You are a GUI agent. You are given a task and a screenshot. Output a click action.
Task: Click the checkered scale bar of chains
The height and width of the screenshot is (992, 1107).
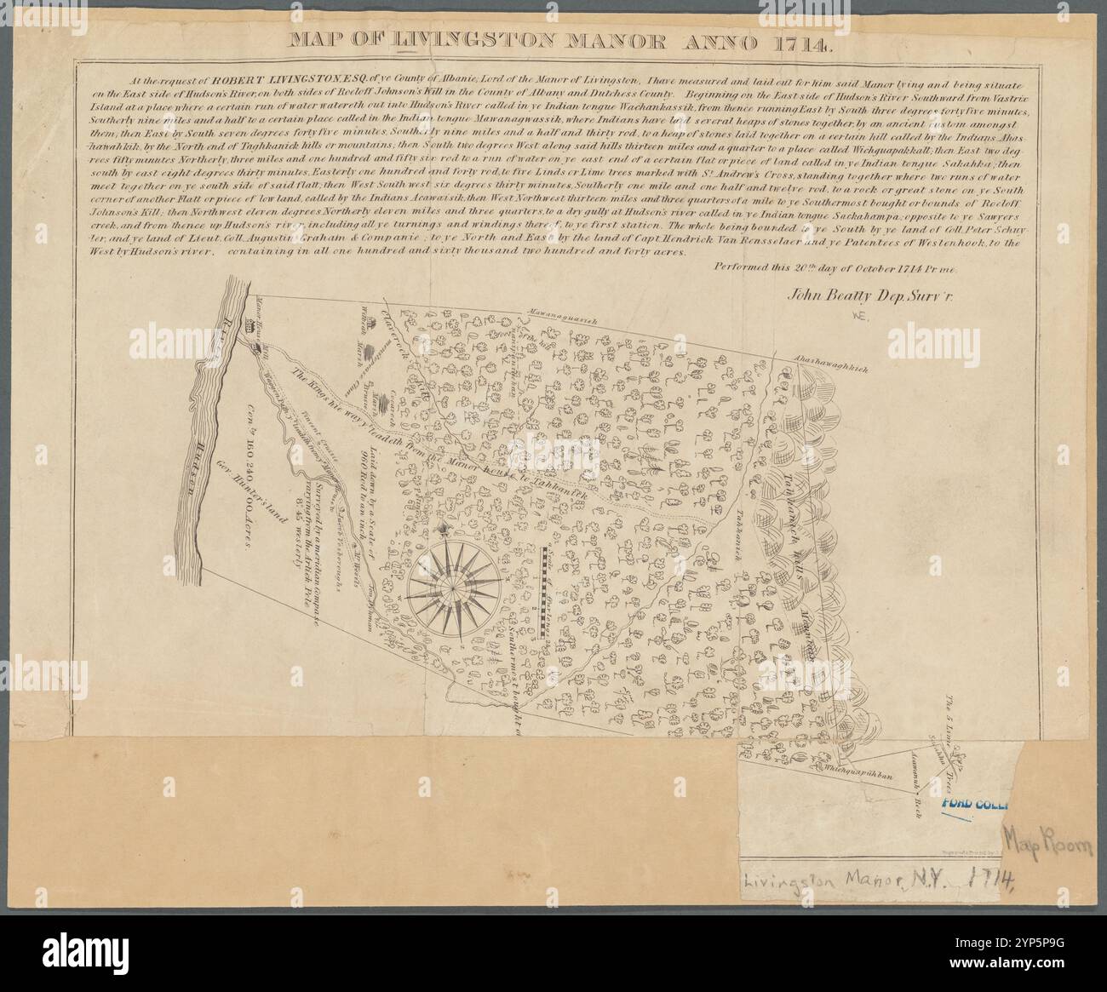[x=541, y=592]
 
